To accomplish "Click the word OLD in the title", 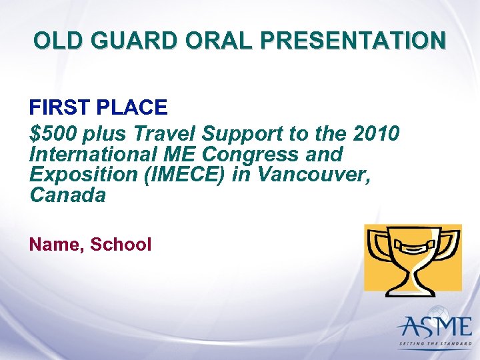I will (57, 41).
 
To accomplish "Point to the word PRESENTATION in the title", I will (353, 41).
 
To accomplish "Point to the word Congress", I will (252, 155).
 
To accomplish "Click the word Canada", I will (67, 196).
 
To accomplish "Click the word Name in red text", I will (55, 245).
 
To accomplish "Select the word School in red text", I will (121, 245).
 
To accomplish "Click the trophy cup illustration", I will (413, 257).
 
